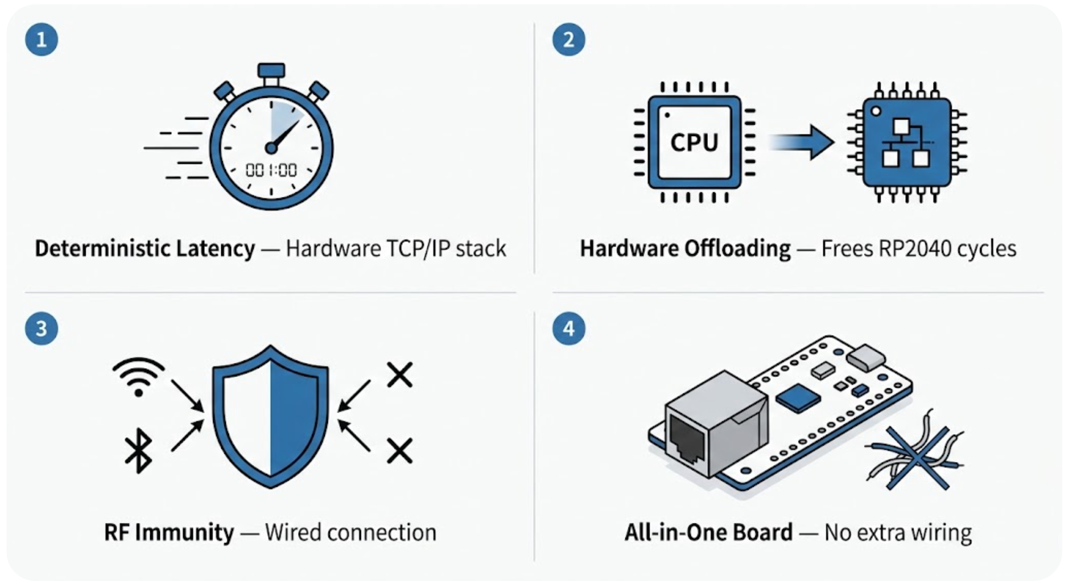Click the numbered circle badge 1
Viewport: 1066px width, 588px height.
[x=41, y=39]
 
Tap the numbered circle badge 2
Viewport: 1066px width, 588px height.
[x=568, y=39]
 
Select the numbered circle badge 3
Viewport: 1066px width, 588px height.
[x=41, y=328]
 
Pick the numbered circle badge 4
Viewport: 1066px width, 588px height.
[x=568, y=328]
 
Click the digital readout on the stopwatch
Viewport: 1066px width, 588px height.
[x=271, y=170]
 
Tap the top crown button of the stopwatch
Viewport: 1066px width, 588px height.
[x=271, y=70]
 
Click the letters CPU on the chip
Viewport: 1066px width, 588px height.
[x=694, y=142]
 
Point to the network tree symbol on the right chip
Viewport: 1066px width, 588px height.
[x=906, y=143]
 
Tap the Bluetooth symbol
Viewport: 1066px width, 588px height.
[x=138, y=450]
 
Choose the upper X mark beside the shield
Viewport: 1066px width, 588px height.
[x=399, y=375]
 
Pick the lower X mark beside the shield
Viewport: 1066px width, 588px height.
[x=399, y=451]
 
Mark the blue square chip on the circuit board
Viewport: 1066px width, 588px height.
[x=798, y=398]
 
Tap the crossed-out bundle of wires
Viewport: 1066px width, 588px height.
[x=914, y=457]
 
